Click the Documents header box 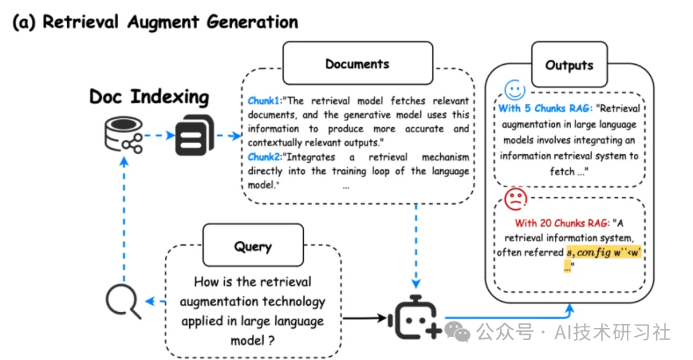pos(357,64)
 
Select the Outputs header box pos(569,65)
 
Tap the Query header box pos(253,246)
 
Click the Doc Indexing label pos(149,97)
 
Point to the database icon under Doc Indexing pos(123,135)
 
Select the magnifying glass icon pos(123,301)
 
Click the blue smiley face pos(515,89)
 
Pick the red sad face pos(515,200)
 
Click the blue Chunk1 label pos(264,101)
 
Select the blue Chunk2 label pos(264,157)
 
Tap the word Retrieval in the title pos(82,22)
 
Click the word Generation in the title pos(252,22)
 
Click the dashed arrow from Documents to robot pos(418,244)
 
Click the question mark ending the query pos(272,341)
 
